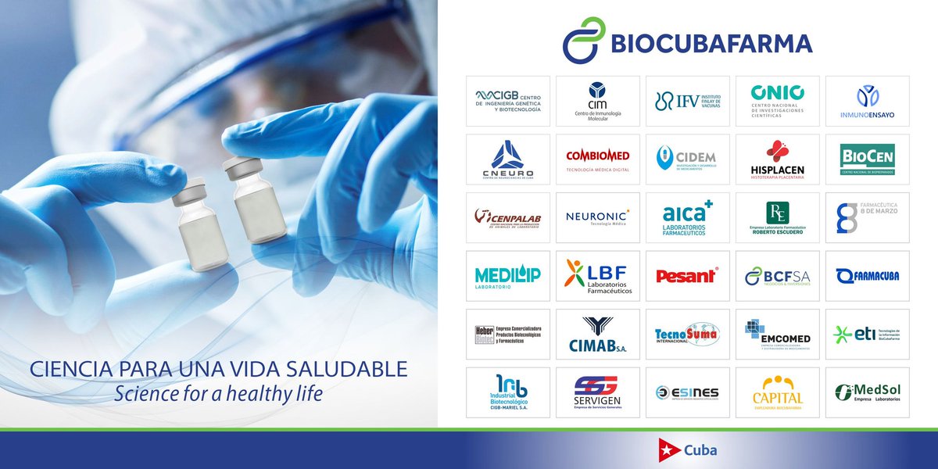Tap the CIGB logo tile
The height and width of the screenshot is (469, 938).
pos(508,101)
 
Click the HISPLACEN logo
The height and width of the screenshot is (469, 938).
pos(777,159)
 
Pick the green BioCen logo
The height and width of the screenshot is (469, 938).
pos(867,159)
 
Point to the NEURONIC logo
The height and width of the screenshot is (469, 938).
pos(598,217)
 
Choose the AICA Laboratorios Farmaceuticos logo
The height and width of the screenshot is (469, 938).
pos(688,217)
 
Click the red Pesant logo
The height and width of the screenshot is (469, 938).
pos(688,275)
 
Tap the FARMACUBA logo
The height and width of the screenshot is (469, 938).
pos(867,275)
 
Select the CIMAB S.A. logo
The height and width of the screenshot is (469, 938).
pos(598,334)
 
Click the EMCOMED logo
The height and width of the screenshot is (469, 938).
pos(777,334)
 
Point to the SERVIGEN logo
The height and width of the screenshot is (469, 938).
pos(598,392)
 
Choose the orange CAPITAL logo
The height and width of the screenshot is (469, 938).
pos(777,392)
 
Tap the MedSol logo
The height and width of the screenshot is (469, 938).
pos(867,392)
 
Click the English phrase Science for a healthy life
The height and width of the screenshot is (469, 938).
pos(218,393)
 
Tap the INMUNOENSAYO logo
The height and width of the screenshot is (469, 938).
pos(867,101)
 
